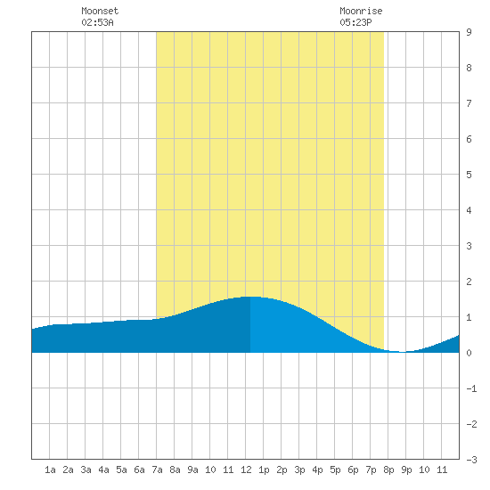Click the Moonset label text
(x=100, y=11)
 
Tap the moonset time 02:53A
(x=97, y=22)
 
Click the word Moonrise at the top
(x=361, y=11)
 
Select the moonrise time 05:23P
(x=355, y=22)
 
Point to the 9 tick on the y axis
(x=469, y=32)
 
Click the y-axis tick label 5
(x=469, y=175)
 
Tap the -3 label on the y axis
(x=471, y=460)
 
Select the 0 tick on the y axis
(x=469, y=353)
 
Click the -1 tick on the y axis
(x=471, y=388)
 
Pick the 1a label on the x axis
(x=50, y=470)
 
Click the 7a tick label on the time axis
(x=157, y=470)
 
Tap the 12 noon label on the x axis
(x=246, y=470)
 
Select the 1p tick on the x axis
(x=264, y=470)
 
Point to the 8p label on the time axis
(x=388, y=470)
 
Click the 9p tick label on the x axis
(x=406, y=470)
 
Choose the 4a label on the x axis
(x=103, y=470)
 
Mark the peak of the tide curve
(x=251, y=297)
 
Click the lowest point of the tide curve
(x=403, y=352)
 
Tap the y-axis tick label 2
(x=469, y=282)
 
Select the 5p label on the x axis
(x=335, y=470)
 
